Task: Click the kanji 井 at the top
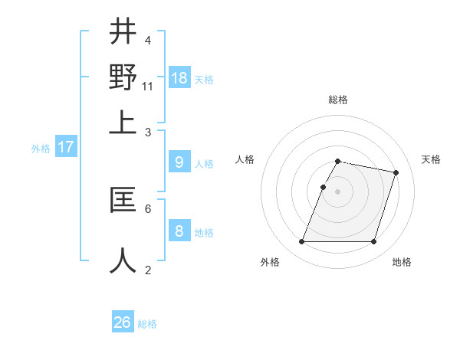coord(123,33)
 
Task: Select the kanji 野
coord(123,77)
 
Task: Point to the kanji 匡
coord(123,201)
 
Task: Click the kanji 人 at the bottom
coord(123,260)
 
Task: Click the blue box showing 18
coord(179,77)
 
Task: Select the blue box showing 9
coord(179,162)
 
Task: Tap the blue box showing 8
coord(179,231)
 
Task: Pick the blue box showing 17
coord(65,147)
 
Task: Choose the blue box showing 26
coord(123,322)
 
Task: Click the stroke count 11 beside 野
coord(148,86)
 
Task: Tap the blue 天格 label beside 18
coord(204,80)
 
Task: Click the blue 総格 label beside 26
coord(147,324)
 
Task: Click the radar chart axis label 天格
coord(431,159)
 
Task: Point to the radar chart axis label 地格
coord(402,262)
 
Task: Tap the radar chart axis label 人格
coord(245,159)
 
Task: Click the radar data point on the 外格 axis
coord(302,242)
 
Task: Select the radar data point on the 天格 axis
coord(396,173)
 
